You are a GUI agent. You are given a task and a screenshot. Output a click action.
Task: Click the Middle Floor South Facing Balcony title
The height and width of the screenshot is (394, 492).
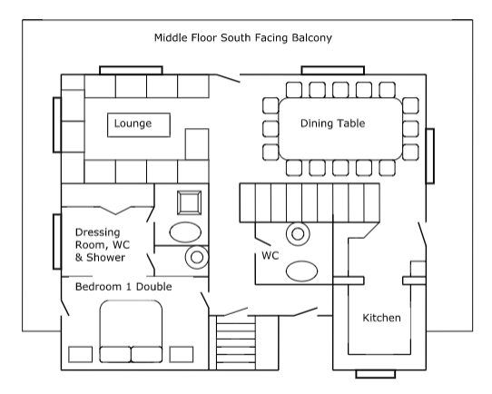tap(243, 38)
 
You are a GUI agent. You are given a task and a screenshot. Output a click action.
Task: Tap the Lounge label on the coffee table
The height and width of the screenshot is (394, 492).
tap(133, 123)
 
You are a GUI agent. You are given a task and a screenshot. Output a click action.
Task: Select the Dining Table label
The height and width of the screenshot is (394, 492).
tap(332, 123)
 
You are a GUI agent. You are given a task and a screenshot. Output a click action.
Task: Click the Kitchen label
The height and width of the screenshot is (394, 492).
tap(381, 318)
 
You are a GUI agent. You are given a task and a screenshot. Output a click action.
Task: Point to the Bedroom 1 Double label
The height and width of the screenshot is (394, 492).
tap(123, 287)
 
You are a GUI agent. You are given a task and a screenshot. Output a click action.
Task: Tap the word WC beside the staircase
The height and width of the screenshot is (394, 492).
tap(271, 256)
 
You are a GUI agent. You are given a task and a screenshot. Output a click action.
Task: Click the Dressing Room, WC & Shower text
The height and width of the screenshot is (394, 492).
tap(103, 245)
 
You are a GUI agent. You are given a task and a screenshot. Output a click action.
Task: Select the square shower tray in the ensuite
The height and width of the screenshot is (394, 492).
tap(189, 202)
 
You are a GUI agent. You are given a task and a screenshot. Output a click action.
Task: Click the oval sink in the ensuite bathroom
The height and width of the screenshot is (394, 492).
tap(185, 232)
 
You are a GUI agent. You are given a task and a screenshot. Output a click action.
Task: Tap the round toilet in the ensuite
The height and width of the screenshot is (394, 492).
tap(197, 257)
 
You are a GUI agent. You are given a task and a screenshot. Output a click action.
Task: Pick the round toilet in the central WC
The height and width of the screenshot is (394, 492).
tap(298, 233)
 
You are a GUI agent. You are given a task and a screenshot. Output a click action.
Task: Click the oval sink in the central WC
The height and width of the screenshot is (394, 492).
tap(302, 271)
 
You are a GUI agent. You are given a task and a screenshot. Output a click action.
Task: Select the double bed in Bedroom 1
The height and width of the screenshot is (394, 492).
tap(131, 331)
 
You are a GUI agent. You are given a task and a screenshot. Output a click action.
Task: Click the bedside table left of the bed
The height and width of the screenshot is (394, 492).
tap(80, 354)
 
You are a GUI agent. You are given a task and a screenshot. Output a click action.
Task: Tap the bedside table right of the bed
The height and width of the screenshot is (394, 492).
tap(182, 354)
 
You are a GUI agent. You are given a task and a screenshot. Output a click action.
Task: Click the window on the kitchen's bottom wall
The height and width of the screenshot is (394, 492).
tap(376, 374)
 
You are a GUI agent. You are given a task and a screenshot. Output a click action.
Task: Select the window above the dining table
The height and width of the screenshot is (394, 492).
tap(333, 70)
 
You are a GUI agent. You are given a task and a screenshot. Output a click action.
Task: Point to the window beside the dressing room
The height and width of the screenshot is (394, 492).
tap(57, 241)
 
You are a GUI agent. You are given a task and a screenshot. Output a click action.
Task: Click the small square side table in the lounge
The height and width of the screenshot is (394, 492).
tap(197, 144)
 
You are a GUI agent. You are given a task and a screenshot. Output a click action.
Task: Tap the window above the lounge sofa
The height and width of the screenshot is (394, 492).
tap(131, 70)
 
